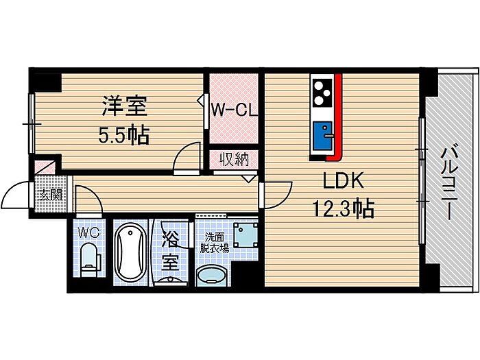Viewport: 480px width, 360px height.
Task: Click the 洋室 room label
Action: tap(125, 106)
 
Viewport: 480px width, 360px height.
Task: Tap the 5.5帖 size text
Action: tap(123, 134)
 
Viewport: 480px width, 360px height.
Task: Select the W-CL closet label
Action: tap(235, 110)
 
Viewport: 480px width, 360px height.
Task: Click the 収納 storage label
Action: tap(235, 159)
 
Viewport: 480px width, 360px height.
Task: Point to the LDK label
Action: tap(344, 180)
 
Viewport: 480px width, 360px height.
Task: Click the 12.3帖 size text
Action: tap(343, 208)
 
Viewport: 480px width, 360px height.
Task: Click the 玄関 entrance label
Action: tap(51, 194)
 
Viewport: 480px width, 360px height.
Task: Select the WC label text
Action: tap(88, 233)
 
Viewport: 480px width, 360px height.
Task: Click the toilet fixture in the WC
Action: tap(90, 260)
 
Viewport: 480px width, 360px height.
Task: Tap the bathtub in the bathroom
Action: tap(132, 252)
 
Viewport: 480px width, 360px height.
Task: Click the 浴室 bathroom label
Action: tap(171, 250)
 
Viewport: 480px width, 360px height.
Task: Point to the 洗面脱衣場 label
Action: tap(214, 243)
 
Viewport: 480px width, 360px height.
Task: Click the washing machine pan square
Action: tap(245, 235)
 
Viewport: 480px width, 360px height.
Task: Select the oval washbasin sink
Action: tap(212, 275)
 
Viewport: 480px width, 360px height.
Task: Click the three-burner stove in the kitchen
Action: tap(323, 93)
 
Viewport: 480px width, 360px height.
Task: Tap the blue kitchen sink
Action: tap(323, 135)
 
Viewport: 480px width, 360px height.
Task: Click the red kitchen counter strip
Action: tap(337, 117)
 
